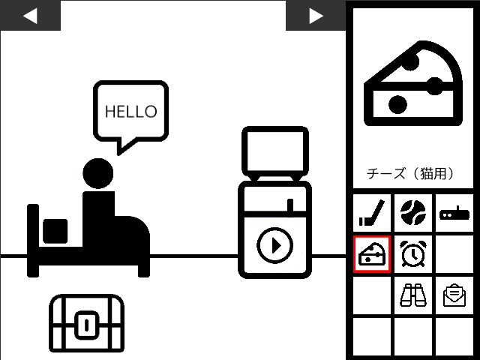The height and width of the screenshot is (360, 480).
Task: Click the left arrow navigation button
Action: (x=30, y=15)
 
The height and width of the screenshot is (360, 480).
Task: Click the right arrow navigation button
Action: (x=316, y=15)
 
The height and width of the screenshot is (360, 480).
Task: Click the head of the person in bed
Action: (x=98, y=173)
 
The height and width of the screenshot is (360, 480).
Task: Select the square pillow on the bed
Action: (x=55, y=231)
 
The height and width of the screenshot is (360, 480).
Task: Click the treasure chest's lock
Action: (x=87, y=325)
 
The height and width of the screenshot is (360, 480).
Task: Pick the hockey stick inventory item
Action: (x=372, y=213)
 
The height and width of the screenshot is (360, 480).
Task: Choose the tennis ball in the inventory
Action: (x=413, y=213)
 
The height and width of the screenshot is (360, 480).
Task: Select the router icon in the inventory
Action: (x=454, y=213)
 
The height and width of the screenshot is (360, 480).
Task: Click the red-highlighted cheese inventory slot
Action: (x=372, y=253)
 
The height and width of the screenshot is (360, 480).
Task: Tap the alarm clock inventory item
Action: (x=413, y=253)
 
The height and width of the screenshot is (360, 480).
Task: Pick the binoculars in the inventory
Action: (x=413, y=295)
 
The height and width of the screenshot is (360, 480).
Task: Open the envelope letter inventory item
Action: (x=454, y=295)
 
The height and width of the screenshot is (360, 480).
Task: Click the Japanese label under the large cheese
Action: (x=410, y=173)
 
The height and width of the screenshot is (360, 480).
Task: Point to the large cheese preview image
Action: (x=413, y=83)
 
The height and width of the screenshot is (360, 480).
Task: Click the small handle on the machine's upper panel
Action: (x=290, y=205)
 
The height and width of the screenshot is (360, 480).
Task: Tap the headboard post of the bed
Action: (x=33, y=241)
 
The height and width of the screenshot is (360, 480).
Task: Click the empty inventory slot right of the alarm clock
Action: (x=454, y=253)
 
